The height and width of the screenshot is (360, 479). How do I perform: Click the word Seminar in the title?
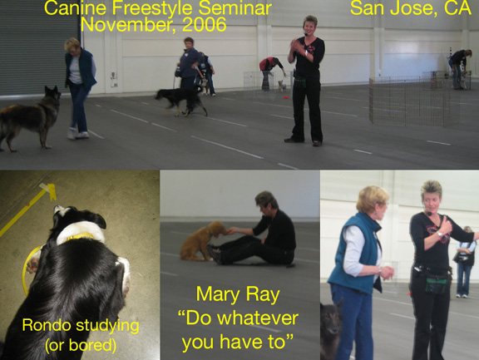[235, 8]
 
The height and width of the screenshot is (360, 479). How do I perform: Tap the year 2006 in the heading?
[205, 24]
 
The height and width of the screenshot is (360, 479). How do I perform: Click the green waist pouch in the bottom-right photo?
[437, 284]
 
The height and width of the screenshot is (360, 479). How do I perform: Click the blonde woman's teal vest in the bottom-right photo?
[356, 254]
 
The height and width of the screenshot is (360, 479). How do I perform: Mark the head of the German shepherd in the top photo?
[53, 95]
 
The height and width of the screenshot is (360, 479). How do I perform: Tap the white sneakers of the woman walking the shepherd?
[78, 134]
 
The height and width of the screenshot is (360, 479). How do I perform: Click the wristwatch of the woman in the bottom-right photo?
[440, 234]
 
